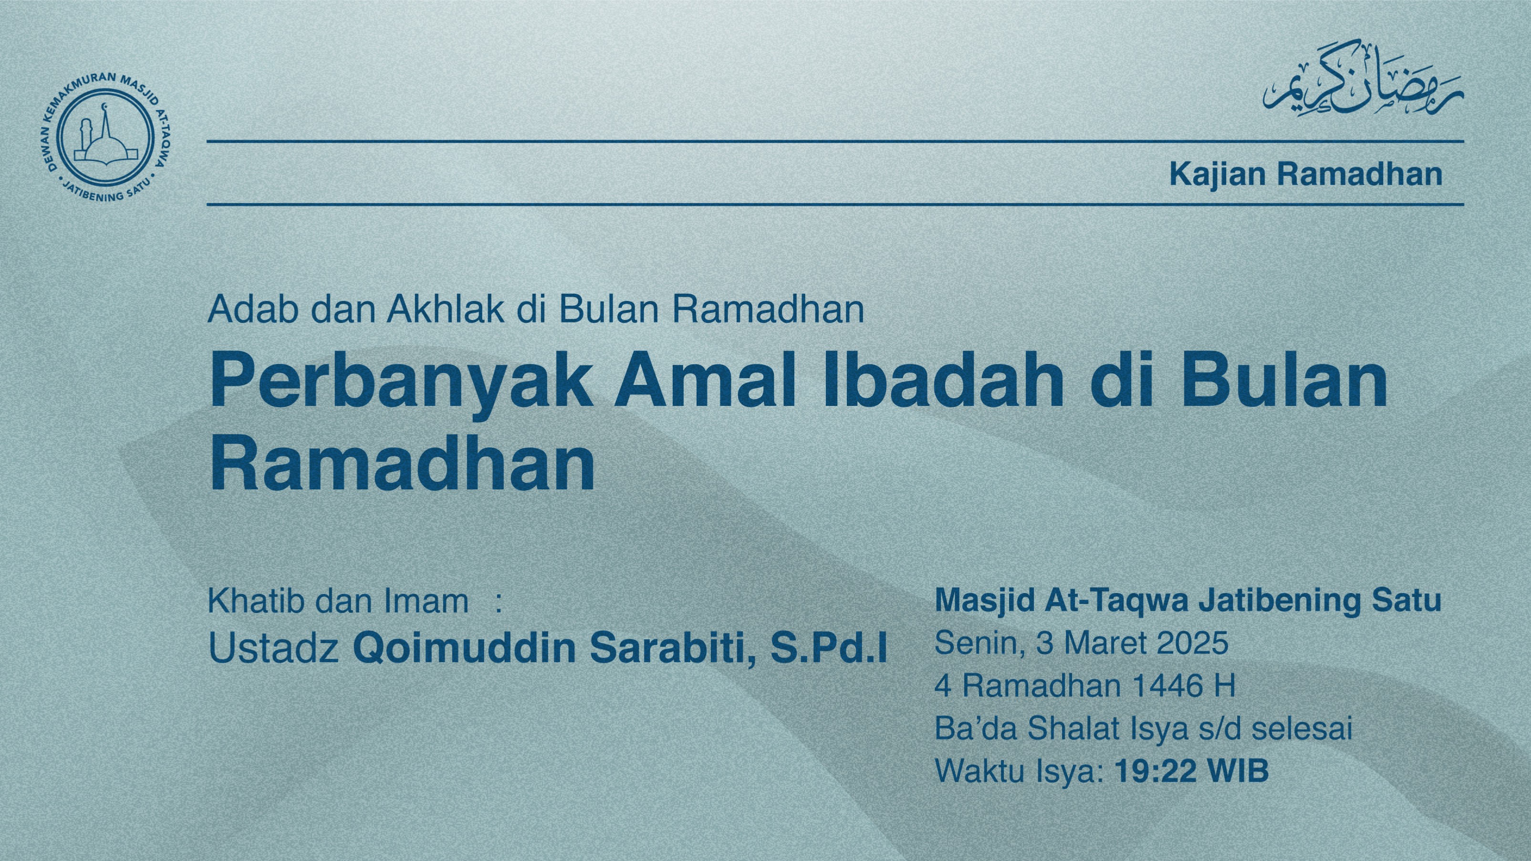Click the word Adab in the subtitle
pyautogui.click(x=252, y=309)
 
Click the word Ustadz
pyautogui.click(x=273, y=648)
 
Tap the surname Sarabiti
pyautogui.click(x=672, y=648)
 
